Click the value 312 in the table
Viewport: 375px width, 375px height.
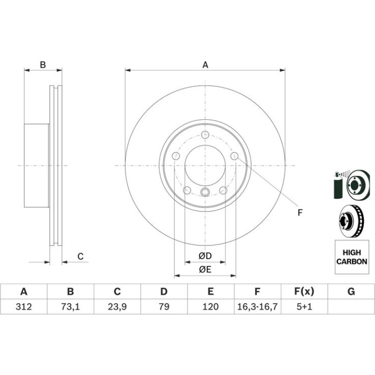tap(24, 306)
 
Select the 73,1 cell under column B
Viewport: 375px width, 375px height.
tap(70, 306)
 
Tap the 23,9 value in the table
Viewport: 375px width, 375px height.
tap(117, 306)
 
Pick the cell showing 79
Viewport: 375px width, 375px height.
tap(164, 306)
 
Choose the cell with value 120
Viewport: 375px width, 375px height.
tap(210, 306)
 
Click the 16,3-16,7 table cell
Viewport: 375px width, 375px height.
tap(257, 306)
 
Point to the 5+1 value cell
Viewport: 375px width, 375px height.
tap(304, 306)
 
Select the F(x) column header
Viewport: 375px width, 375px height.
tap(304, 292)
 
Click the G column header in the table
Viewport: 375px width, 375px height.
tap(351, 292)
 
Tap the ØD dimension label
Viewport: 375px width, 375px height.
tap(205, 256)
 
